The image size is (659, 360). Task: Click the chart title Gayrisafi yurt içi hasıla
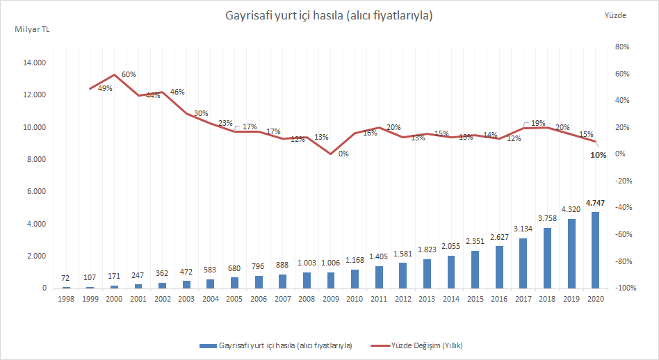(x=329, y=15)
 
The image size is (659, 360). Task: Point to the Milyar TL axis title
(x=32, y=29)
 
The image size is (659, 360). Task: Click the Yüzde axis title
(x=616, y=15)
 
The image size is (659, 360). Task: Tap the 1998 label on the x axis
(x=66, y=298)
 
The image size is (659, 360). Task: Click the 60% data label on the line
(x=129, y=74)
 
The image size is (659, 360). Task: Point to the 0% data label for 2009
(x=343, y=154)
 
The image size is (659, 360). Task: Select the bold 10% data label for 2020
(x=598, y=155)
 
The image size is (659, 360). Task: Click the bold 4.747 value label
(x=596, y=203)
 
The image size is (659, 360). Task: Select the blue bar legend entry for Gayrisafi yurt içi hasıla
(x=275, y=345)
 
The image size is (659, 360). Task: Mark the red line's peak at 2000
(x=115, y=74)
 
